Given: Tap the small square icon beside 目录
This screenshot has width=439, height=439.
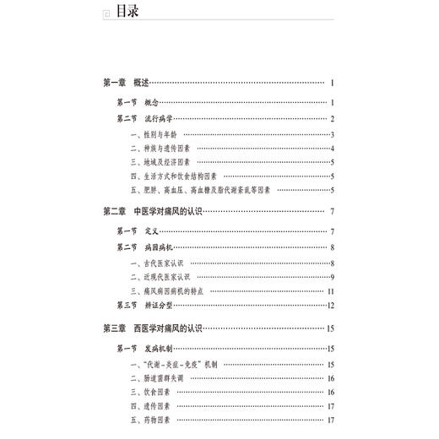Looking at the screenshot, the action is pos(105,14).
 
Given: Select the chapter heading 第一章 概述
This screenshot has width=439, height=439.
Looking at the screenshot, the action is pos(126,83).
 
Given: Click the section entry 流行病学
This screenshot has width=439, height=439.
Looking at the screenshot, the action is pos(156,118).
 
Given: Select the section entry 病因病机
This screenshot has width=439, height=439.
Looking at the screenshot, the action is pos(156,247).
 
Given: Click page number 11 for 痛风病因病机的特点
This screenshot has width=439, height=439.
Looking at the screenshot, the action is pos(333,290).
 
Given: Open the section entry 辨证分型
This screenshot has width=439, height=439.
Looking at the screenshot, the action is pos(156,305).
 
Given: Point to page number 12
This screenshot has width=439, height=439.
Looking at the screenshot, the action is pos(333,305).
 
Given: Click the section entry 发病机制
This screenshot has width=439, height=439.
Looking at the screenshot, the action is pos(156,349).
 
